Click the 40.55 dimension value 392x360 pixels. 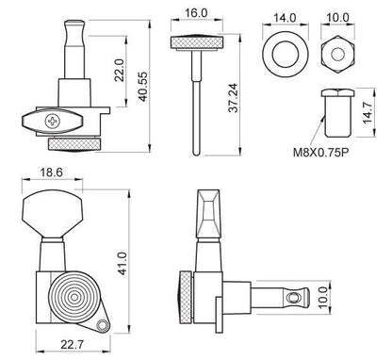pyautogui.click(x=143, y=87)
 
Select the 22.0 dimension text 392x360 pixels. pyautogui.click(x=120, y=71)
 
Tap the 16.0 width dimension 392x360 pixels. pyautogui.click(x=196, y=13)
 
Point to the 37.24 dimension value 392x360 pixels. pyautogui.click(x=234, y=98)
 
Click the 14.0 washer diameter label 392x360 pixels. pyautogui.click(x=285, y=18)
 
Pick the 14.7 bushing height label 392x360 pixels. pyautogui.click(x=367, y=113)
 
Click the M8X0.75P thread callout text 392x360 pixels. pyautogui.click(x=321, y=153)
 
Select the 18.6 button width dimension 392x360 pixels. pyautogui.click(x=52, y=172)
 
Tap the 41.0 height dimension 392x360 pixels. pyautogui.click(x=122, y=264)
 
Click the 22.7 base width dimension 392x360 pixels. pyautogui.click(x=73, y=345)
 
